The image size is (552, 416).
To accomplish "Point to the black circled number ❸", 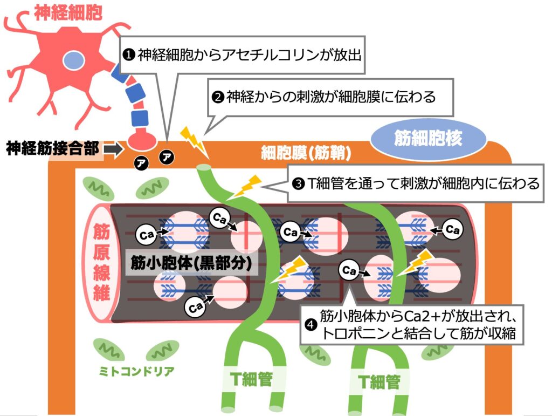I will (298, 184).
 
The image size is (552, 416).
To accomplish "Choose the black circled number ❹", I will (310, 324).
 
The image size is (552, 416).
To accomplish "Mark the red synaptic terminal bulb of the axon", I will (142, 140).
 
